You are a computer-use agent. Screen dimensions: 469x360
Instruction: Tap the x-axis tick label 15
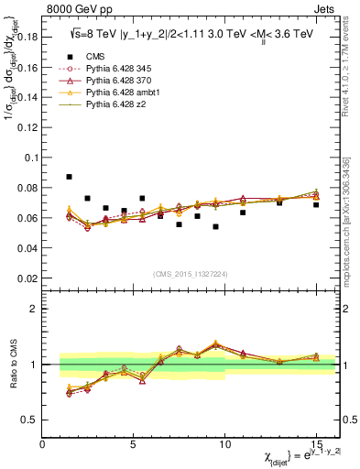[x=316, y=445]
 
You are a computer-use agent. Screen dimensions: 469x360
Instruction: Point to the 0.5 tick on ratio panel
[x=30, y=420]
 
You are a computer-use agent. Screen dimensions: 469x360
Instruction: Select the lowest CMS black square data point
[x=215, y=226]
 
